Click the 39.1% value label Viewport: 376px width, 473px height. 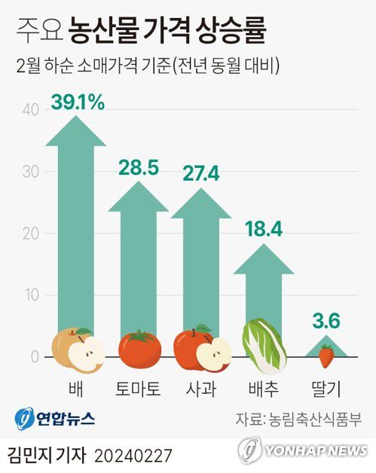pyautogui.click(x=78, y=102)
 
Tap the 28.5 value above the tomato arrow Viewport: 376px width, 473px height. pyautogui.click(x=139, y=168)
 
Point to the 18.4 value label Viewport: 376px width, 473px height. pyautogui.click(x=263, y=229)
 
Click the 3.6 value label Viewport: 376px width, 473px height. pyautogui.click(x=326, y=322)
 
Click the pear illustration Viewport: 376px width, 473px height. pyautogui.click(x=78, y=349)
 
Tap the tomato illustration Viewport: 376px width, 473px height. pyautogui.click(x=139, y=349)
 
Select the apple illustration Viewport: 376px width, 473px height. pyautogui.click(x=202, y=349)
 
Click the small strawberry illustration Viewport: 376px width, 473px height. pyautogui.click(x=326, y=356)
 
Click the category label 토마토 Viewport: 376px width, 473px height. pyautogui.click(x=139, y=390)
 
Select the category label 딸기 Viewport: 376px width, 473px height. pyautogui.click(x=326, y=390)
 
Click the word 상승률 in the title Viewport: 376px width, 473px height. pyautogui.click(x=231, y=32)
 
